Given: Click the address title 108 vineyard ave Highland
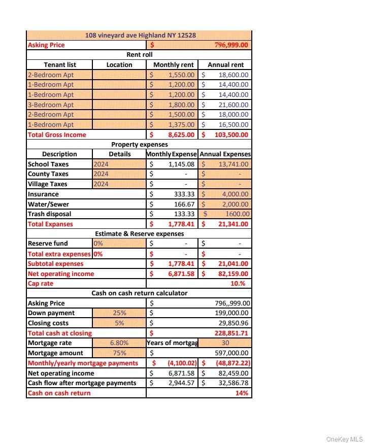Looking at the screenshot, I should pos(141,35).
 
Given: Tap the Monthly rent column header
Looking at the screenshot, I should pos(173,64).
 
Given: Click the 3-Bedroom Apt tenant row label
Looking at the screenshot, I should pos(51,105).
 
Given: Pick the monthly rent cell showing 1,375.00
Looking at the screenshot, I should pos(181,124).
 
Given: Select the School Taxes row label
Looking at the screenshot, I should pos(48,164).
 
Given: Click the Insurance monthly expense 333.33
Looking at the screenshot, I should pos(184,194).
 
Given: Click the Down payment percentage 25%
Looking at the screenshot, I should pos(119,313).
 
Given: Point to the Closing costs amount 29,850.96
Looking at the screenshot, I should pos(231,323).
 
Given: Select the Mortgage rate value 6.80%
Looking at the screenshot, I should pos(119,343).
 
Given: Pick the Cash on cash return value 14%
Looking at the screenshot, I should pos(242,393).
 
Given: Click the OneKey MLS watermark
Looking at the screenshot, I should pos(344,439).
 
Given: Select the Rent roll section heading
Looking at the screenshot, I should pos(139,55).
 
